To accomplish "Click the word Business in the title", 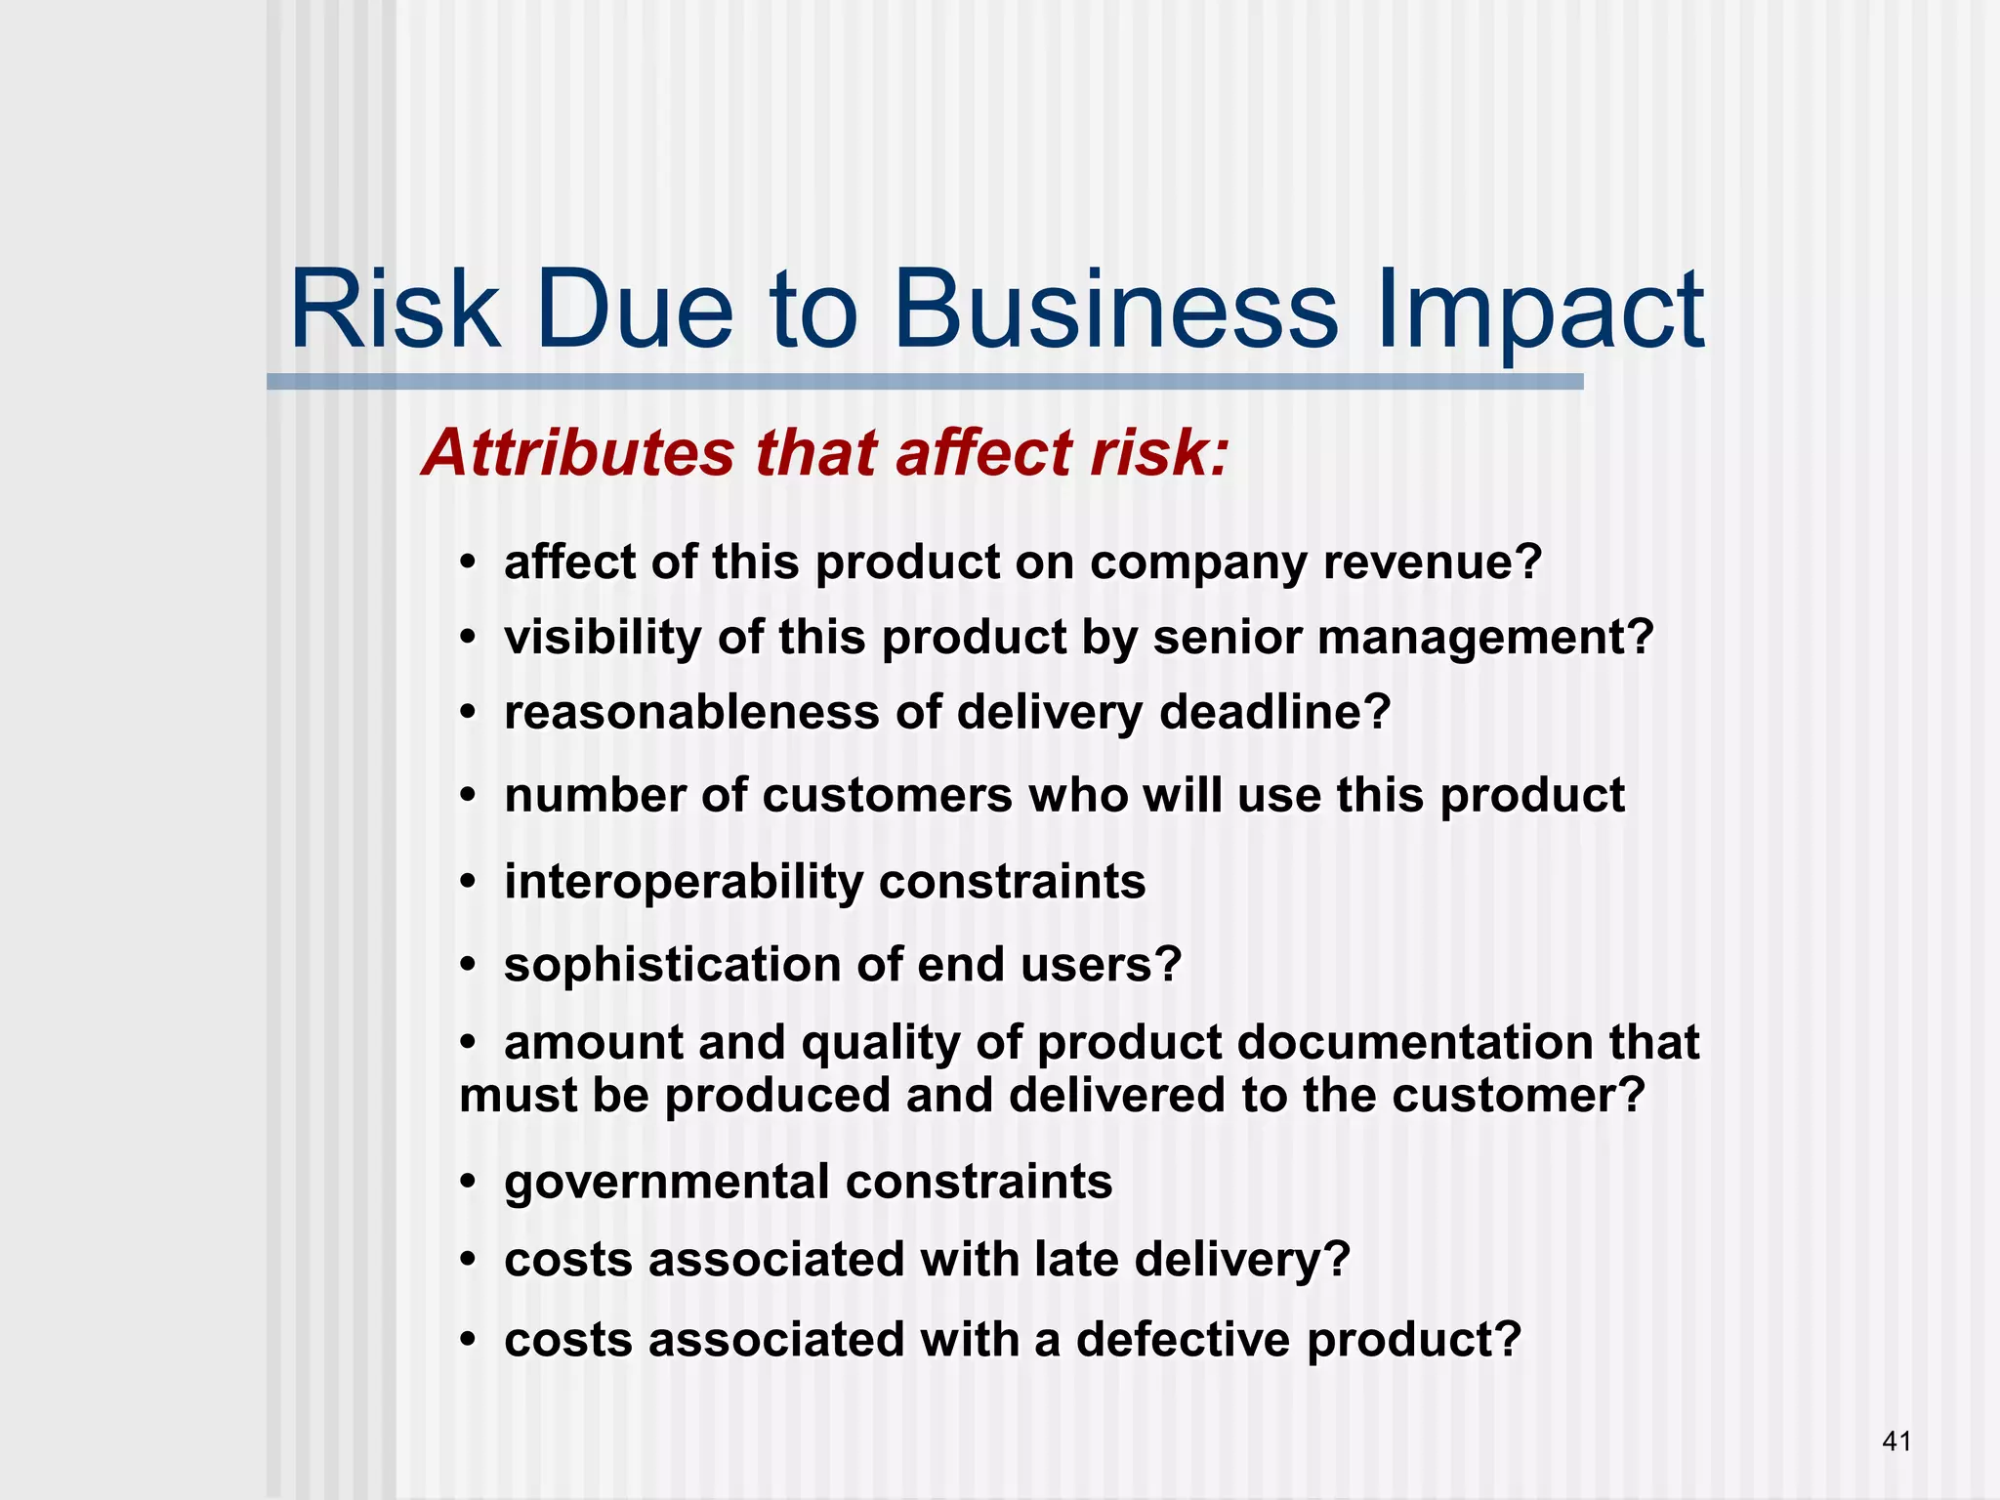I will point(1115,311).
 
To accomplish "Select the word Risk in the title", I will point(395,311).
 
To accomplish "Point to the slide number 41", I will point(1896,1441).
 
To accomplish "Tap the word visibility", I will point(603,638).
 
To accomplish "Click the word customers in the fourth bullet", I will point(887,796).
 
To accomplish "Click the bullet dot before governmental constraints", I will point(469,1183).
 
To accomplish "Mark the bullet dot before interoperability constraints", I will point(469,882).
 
